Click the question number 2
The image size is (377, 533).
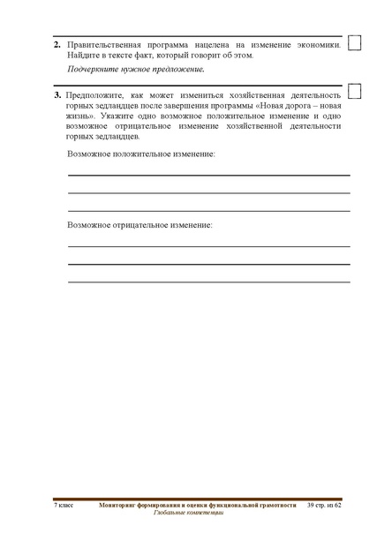point(57,43)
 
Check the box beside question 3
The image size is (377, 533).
point(355,91)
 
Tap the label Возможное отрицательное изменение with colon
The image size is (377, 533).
point(139,225)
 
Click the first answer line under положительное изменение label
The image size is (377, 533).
point(208,176)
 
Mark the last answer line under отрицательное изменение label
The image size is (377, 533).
point(208,281)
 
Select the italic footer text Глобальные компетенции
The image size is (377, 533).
point(187,513)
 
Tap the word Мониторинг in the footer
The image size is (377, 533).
point(120,505)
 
